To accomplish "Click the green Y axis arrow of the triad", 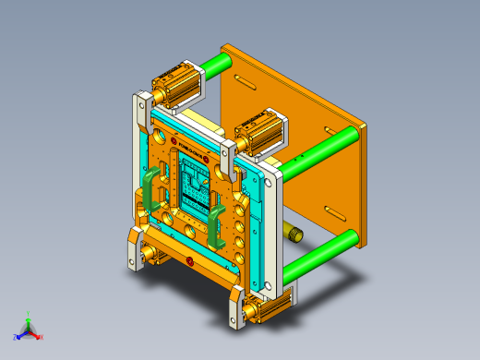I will tap(29, 317).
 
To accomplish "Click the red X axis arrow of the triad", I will tap(38, 336).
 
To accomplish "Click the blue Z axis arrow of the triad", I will tap(18, 336).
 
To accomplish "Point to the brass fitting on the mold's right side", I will tap(294, 231).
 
